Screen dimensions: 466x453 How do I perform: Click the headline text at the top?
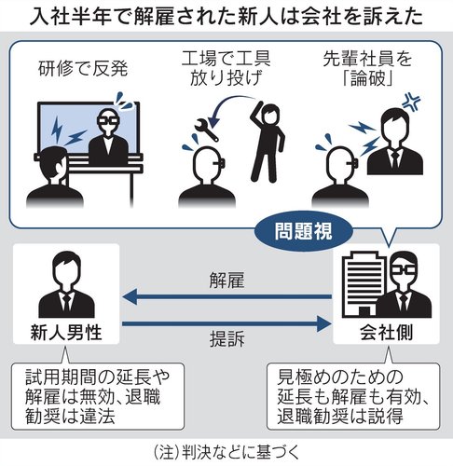[226, 16]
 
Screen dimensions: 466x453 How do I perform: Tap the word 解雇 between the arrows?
[226, 280]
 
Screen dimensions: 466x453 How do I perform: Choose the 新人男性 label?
[66, 334]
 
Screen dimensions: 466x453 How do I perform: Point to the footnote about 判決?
[226, 452]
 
